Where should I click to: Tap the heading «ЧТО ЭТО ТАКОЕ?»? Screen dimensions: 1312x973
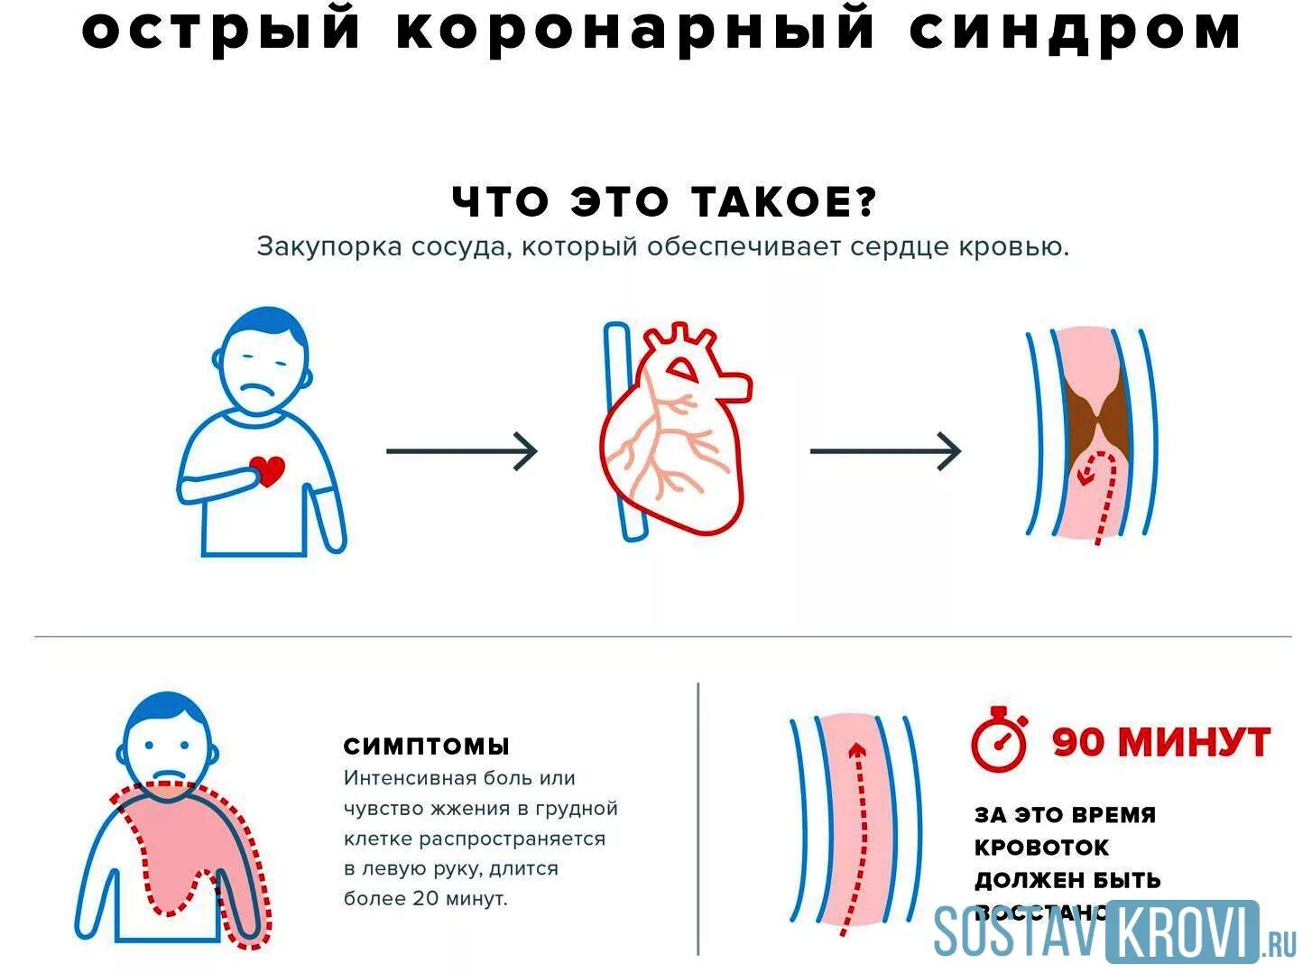click(664, 201)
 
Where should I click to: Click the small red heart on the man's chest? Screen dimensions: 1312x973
click(267, 470)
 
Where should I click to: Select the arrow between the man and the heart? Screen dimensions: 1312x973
click(461, 450)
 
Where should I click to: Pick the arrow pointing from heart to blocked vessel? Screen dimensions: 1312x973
click(885, 450)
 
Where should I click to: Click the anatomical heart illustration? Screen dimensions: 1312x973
click(675, 431)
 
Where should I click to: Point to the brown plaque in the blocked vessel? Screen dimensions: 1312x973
click(1095, 418)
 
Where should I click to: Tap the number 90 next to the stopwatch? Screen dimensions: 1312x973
click(1077, 742)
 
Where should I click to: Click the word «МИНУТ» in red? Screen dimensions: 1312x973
click(1193, 742)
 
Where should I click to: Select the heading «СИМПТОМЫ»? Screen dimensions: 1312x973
click(426, 746)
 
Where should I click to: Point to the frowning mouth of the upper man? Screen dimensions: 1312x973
click(261, 390)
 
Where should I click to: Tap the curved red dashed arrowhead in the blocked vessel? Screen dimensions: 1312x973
click(1088, 472)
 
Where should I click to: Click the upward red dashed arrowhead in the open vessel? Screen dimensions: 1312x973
click(857, 748)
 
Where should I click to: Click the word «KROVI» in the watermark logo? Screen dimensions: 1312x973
click(1181, 930)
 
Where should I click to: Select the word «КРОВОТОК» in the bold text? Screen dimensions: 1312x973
click(1041, 848)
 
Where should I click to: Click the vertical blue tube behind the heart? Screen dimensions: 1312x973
click(623, 431)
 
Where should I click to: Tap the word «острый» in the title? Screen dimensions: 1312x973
click(221, 29)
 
